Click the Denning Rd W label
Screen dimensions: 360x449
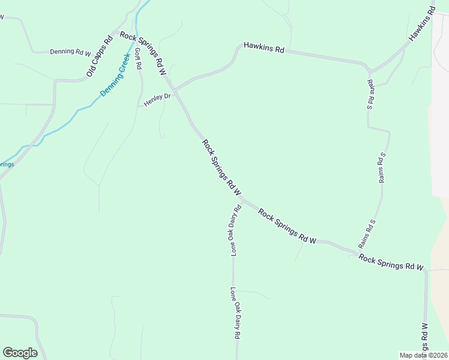70,52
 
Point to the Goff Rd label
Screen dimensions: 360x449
137,58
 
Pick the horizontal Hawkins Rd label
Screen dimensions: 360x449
264,47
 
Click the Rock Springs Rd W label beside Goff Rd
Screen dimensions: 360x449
143,53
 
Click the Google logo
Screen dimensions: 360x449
20,353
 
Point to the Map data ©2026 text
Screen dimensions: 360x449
423,355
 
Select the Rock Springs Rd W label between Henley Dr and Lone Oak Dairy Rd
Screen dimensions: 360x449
221,168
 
